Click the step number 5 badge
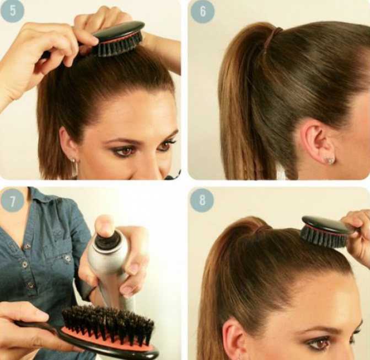point(12,10)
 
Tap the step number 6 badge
point(202,12)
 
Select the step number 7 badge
point(12,201)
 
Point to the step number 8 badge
point(202,200)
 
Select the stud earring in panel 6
point(330,160)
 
